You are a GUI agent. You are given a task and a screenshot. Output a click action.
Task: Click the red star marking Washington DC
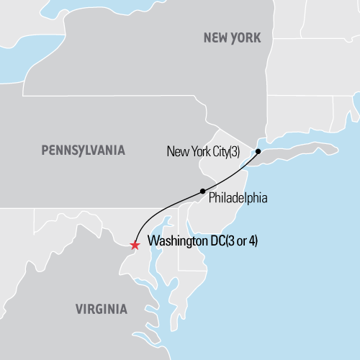pyautogui.click(x=135, y=245)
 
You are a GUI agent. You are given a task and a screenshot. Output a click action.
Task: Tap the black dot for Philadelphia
pyautogui.click(x=202, y=191)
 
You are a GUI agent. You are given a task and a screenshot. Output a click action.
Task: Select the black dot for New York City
pyautogui.click(x=257, y=152)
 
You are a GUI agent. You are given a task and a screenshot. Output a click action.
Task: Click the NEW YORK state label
pyautogui.click(x=232, y=37)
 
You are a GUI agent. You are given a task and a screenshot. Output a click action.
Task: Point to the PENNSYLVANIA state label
pyautogui.click(x=83, y=150)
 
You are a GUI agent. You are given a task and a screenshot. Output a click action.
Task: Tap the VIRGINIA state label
pyautogui.click(x=102, y=310)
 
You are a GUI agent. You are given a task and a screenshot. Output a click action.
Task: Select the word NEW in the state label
pyautogui.click(x=215, y=37)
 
